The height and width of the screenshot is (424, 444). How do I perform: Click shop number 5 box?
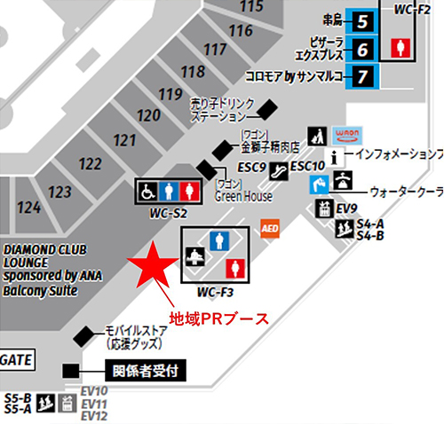[361, 20]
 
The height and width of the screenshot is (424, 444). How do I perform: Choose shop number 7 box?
[361, 75]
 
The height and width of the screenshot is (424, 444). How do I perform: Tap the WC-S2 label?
[168, 213]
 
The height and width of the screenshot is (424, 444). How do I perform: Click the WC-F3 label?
[215, 292]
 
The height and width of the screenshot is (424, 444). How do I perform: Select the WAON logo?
[346, 136]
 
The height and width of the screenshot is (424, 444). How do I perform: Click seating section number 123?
[60, 192]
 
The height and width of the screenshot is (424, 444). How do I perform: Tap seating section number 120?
[149, 115]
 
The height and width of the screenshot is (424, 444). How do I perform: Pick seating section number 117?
[215, 51]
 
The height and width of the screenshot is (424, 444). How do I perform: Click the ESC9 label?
[253, 166]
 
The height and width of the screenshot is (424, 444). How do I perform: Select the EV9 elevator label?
[345, 208]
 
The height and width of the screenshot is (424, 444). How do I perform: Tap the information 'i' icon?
[334, 156]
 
